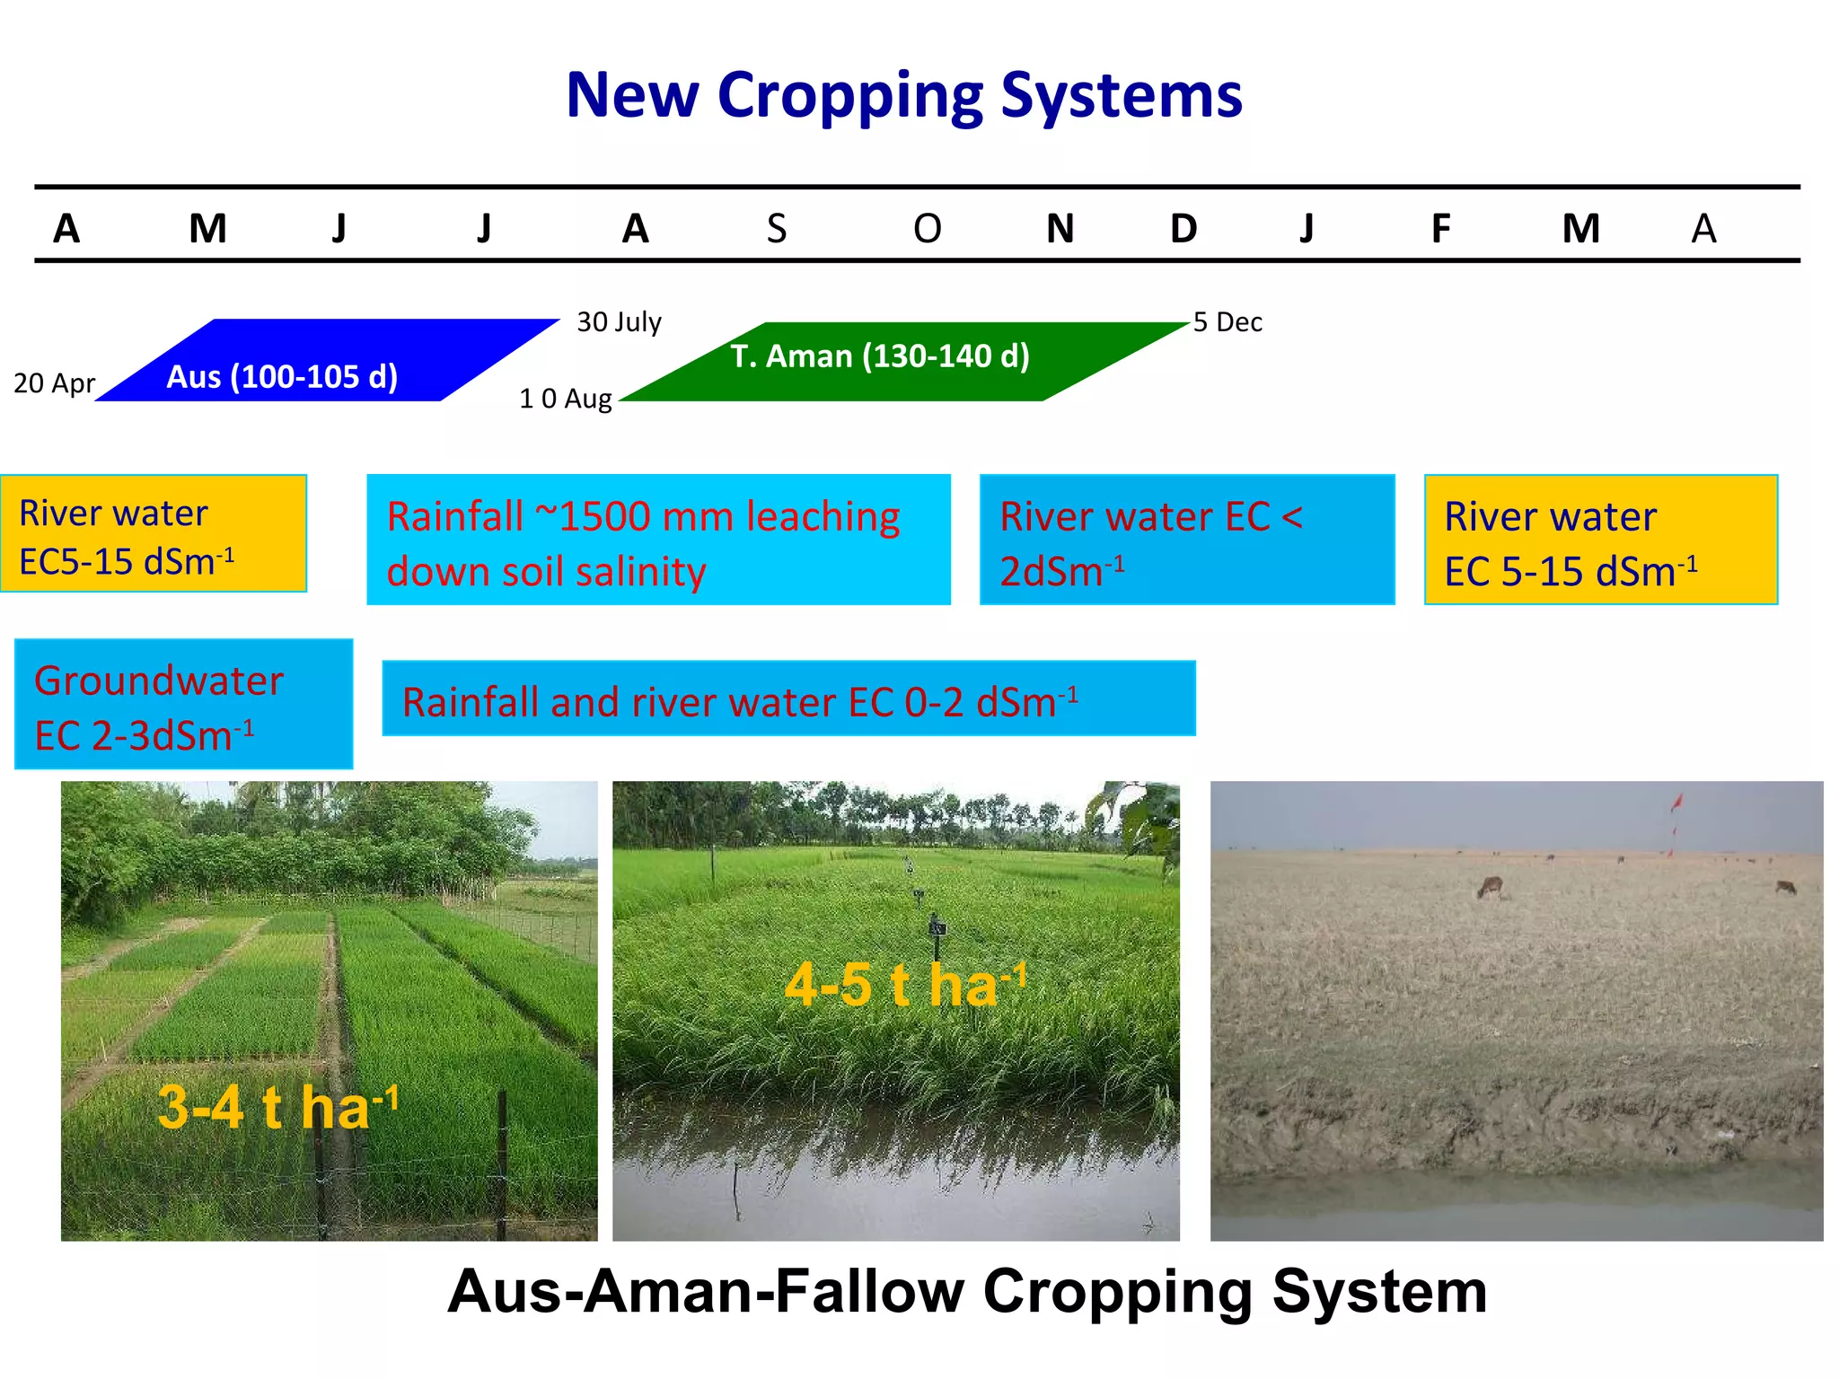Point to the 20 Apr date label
[54, 383]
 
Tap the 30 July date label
[619, 321]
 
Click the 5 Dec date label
[1227, 321]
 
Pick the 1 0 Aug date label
[565, 398]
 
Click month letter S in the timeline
[776, 229]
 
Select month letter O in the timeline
[927, 229]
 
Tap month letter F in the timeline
[1439, 229]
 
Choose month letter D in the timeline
[1183, 229]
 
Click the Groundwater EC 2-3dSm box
[183, 704]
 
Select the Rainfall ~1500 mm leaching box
[658, 540]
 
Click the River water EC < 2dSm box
[1186, 540]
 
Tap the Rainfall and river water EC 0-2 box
[788, 698]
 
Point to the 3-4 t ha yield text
[277, 1106]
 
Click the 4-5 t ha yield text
[903, 984]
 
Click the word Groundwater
[159, 681]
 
